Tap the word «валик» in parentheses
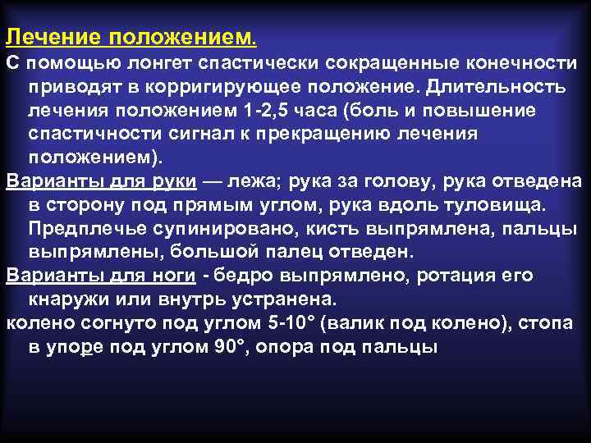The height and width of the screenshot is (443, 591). click(x=362, y=322)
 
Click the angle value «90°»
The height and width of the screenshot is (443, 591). click(x=228, y=345)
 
